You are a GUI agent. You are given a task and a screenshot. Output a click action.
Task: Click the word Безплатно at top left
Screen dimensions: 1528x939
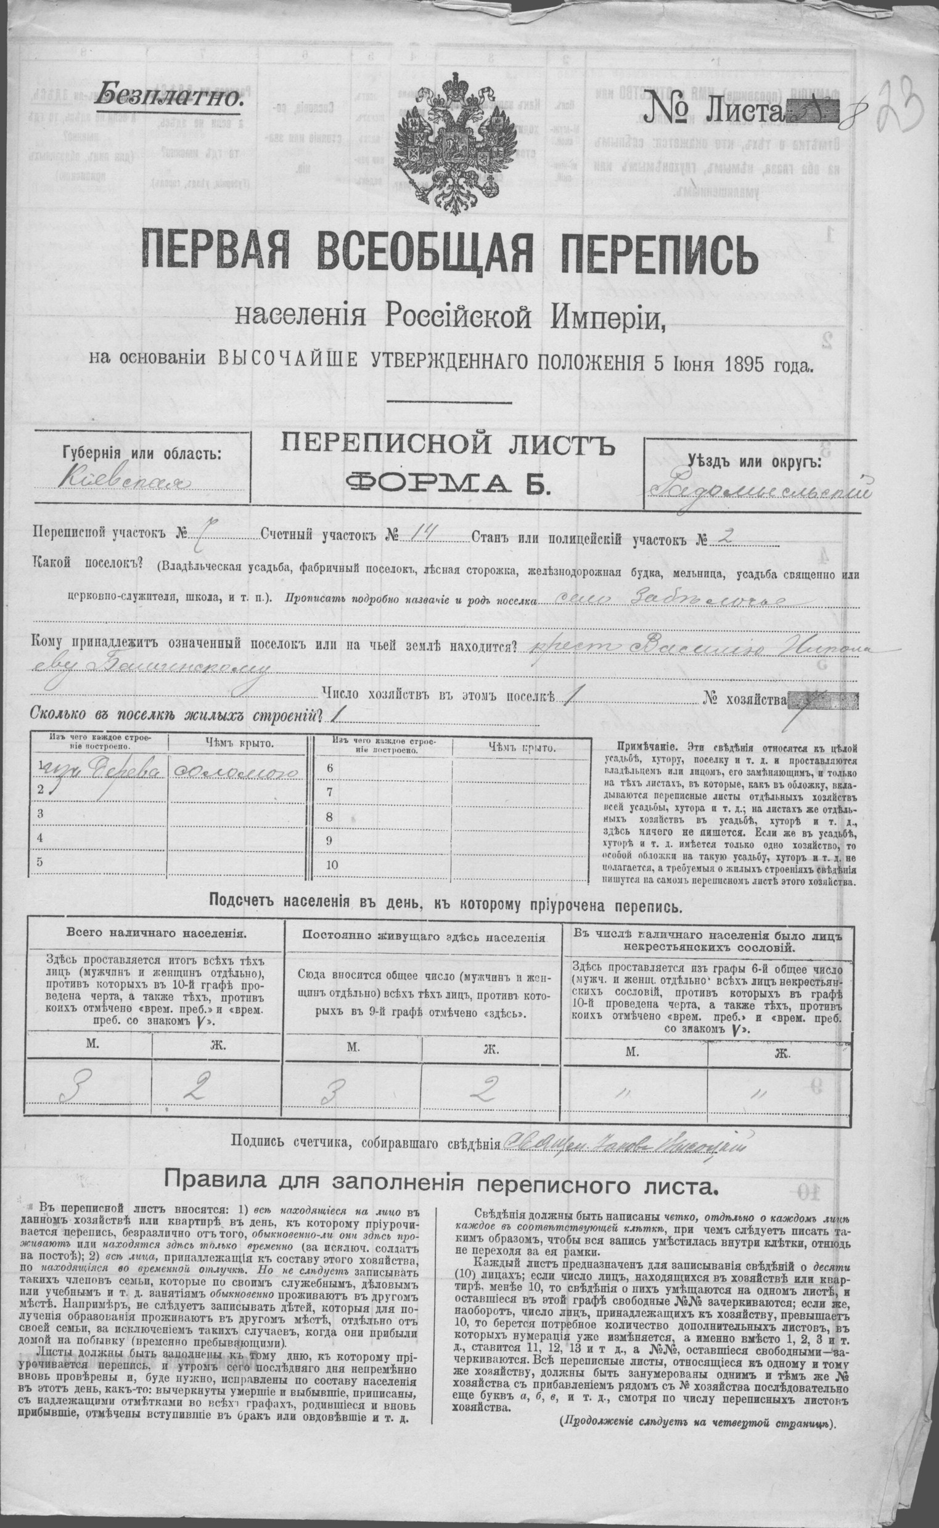click(x=169, y=95)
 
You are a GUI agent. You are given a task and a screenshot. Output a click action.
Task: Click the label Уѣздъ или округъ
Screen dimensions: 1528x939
click(x=754, y=462)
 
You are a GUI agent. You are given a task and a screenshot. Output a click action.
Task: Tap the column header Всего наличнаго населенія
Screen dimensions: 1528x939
click(x=152, y=932)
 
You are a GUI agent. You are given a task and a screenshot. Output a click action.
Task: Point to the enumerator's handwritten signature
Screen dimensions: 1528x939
click(x=625, y=1140)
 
